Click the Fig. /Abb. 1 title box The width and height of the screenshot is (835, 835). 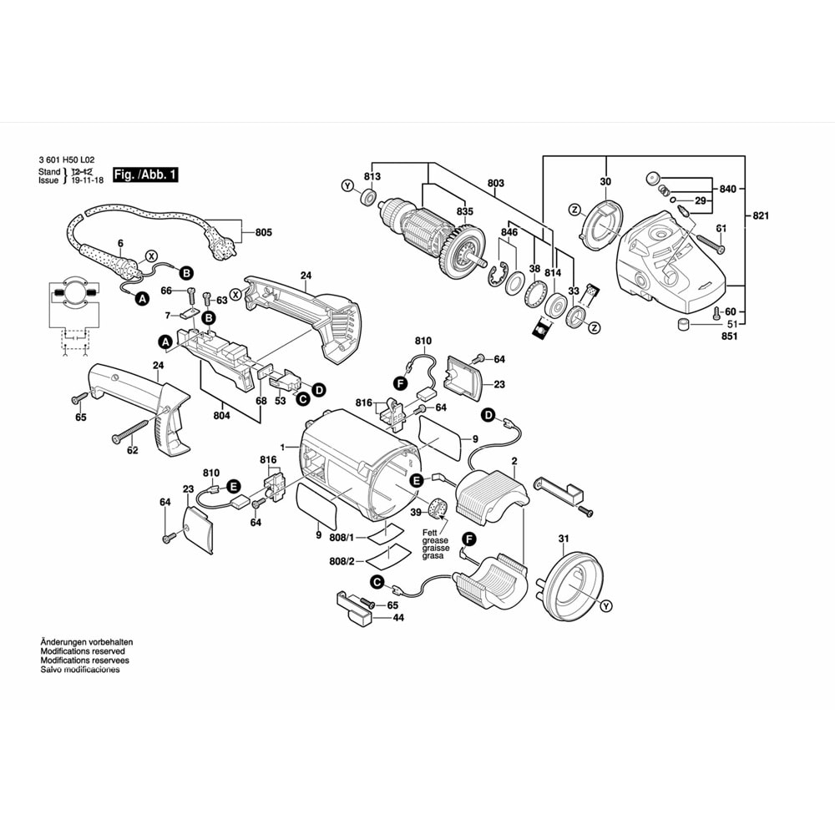pyautogui.click(x=146, y=175)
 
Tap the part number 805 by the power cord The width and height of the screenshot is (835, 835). pyautogui.click(x=264, y=232)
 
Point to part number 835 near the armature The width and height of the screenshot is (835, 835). pyautogui.click(x=464, y=212)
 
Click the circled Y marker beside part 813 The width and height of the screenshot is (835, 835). pyautogui.click(x=347, y=185)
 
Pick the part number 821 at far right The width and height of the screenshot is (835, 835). pyautogui.click(x=760, y=216)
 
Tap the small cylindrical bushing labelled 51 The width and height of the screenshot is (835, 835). pyautogui.click(x=683, y=325)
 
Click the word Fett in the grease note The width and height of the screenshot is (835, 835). pyautogui.click(x=429, y=532)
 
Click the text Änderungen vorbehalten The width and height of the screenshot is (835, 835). pyautogui.click(x=87, y=642)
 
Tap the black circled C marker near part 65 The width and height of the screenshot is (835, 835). pyautogui.click(x=377, y=581)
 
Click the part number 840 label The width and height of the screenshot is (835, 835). pyautogui.click(x=728, y=190)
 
